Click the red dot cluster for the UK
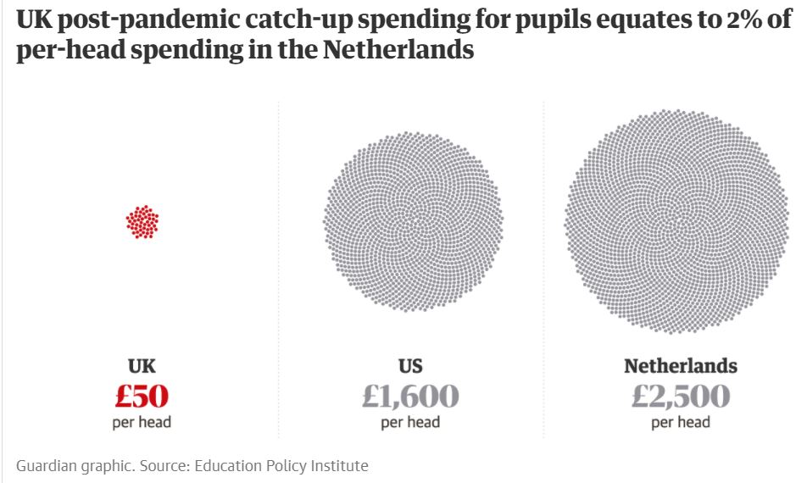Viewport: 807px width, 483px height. (x=142, y=222)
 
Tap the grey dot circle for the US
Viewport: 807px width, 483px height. (x=412, y=222)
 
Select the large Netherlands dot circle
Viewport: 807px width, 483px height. (x=681, y=220)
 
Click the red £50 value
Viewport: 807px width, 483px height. (x=142, y=396)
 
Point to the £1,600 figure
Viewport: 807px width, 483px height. (x=411, y=396)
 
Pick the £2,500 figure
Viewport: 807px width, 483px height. (x=681, y=396)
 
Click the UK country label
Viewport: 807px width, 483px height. (x=142, y=366)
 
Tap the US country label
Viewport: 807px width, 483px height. (x=411, y=366)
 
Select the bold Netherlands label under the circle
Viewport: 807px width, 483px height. (x=681, y=366)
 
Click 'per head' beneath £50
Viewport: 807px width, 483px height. (x=142, y=422)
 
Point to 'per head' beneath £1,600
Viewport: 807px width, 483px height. (x=411, y=422)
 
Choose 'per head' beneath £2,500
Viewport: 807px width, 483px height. (x=681, y=422)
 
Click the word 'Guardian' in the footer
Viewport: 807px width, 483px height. (x=44, y=465)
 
